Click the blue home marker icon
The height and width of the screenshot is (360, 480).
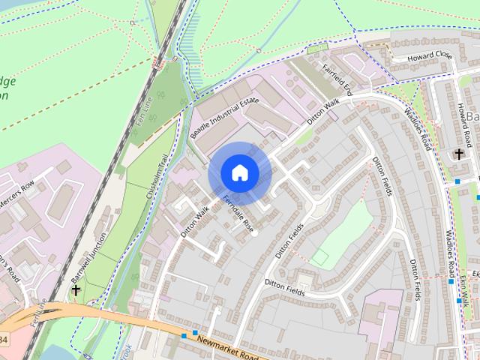tap(239, 172)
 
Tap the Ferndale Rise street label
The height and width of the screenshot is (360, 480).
tap(239, 212)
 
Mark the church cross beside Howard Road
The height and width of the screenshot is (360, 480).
tap(458, 154)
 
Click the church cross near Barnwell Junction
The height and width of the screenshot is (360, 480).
tap(75, 289)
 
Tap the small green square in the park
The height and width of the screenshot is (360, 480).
tap(320, 257)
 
